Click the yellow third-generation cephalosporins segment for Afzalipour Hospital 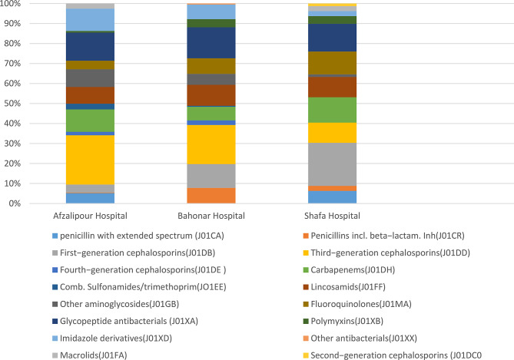point(90,160)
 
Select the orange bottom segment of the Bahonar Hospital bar point(211,196)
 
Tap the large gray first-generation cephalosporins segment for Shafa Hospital point(332,164)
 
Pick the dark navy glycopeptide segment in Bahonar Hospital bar point(211,43)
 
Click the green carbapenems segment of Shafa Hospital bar point(332,110)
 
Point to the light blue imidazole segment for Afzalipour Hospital point(90,20)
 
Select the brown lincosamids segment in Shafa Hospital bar point(332,88)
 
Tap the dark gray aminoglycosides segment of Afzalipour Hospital point(90,78)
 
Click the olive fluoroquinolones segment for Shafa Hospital point(332,63)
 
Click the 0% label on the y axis point(15,203)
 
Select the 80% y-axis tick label point(12,44)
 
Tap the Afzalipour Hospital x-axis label point(90,216)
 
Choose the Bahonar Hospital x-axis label point(211,216)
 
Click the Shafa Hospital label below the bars point(332,216)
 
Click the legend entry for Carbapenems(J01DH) point(349,270)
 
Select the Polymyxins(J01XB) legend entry point(343,321)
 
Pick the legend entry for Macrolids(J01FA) point(89,355)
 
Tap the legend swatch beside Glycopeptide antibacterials point(55,322)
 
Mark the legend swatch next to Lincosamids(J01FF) point(306,287)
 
